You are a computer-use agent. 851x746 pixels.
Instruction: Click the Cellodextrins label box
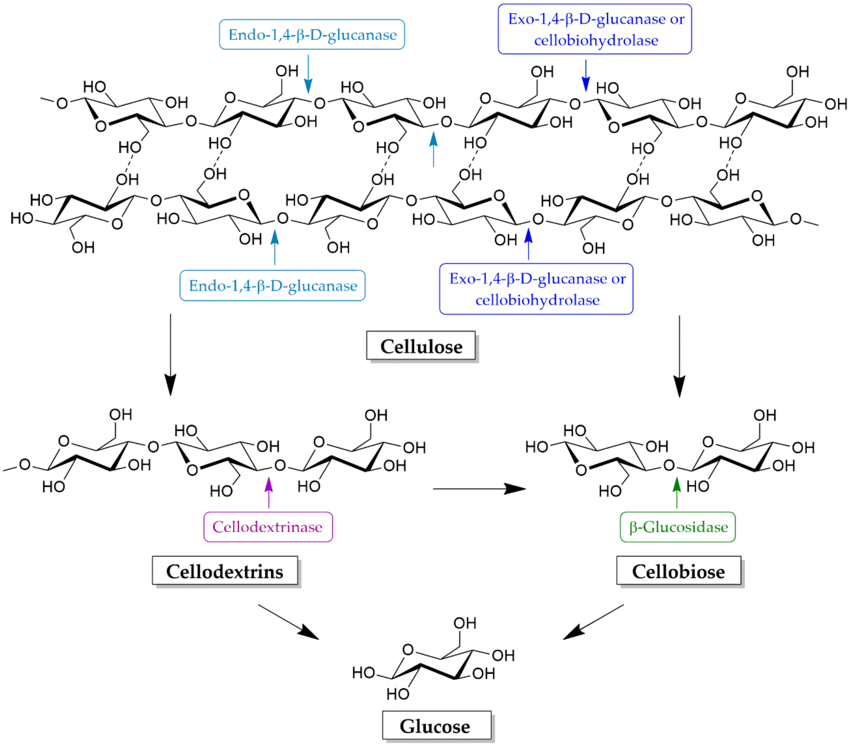pyautogui.click(x=225, y=571)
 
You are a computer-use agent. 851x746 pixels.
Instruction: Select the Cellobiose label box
pyautogui.click(x=679, y=571)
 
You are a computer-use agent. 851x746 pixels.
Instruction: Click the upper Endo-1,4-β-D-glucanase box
pyautogui.click(x=312, y=35)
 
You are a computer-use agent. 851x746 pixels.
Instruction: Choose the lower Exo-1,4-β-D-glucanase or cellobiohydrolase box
pyautogui.click(x=536, y=289)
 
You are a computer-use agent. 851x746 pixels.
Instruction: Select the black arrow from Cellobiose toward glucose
pyautogui.click(x=594, y=622)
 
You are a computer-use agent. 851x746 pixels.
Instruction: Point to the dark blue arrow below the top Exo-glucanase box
pyautogui.click(x=586, y=75)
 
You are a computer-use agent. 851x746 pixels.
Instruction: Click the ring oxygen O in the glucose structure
pyautogui.click(x=408, y=650)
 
